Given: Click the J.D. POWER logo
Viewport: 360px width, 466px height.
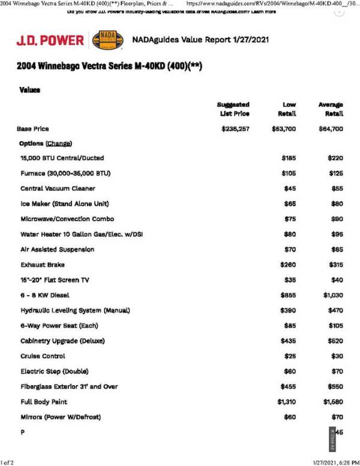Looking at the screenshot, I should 50,40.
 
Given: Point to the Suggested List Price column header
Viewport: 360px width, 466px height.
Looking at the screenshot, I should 234,109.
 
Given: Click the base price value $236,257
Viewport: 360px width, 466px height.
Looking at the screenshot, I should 236,128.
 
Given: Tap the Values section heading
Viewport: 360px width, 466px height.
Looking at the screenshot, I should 29,89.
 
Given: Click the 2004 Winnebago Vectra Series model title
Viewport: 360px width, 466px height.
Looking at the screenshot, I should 110,65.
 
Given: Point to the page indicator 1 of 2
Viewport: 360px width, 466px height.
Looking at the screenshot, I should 8,461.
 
